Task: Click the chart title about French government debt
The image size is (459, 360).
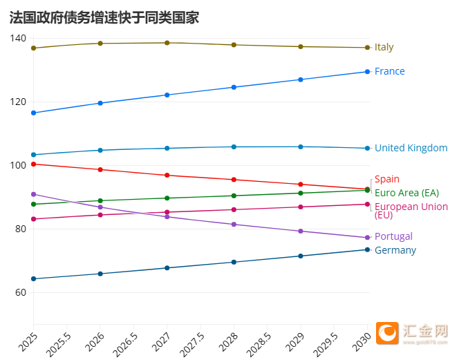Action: click(x=104, y=17)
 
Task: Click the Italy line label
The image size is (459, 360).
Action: click(x=384, y=47)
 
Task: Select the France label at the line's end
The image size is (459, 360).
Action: click(x=389, y=71)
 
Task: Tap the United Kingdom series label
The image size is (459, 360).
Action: click(x=411, y=148)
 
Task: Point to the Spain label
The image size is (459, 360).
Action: click(x=386, y=179)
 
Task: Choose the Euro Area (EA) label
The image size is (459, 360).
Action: click(x=406, y=192)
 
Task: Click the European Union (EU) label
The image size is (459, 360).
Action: click(x=411, y=210)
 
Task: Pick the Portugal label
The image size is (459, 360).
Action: click(x=393, y=236)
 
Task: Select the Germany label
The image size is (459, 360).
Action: click(x=395, y=250)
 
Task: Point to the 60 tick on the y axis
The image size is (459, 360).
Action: click(x=20, y=292)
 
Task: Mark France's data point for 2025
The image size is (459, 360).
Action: click(x=33, y=113)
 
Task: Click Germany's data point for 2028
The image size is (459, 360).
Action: click(x=234, y=262)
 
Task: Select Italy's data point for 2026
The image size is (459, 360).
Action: click(x=100, y=44)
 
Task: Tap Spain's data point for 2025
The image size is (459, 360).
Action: click(x=33, y=164)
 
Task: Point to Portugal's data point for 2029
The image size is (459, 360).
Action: click(x=300, y=231)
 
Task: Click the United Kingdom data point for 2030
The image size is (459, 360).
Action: click(x=367, y=148)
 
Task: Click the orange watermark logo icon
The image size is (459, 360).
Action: click(x=388, y=334)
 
